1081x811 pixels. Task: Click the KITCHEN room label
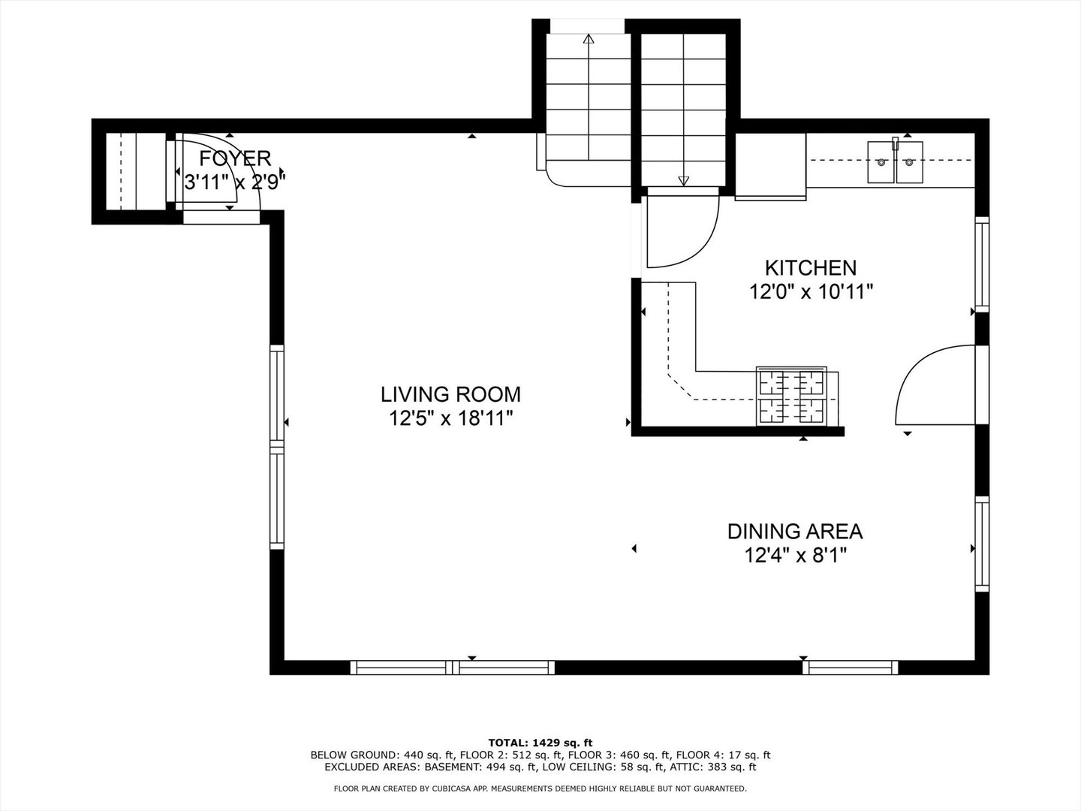(x=811, y=268)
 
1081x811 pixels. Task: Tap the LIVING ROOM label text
(x=450, y=394)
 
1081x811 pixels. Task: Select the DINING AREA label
(x=795, y=532)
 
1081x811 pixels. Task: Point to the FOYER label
(x=235, y=158)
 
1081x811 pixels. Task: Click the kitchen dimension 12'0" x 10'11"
(x=811, y=293)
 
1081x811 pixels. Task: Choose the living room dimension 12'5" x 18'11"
(x=451, y=419)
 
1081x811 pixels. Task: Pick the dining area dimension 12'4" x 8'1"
(x=795, y=556)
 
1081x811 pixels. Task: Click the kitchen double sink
(x=896, y=162)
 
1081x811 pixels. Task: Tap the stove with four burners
(x=792, y=396)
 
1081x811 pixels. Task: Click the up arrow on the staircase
(x=589, y=98)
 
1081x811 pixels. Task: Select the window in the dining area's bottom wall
(x=851, y=668)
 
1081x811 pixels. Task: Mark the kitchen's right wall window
(x=982, y=264)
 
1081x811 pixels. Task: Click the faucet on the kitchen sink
(x=896, y=143)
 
